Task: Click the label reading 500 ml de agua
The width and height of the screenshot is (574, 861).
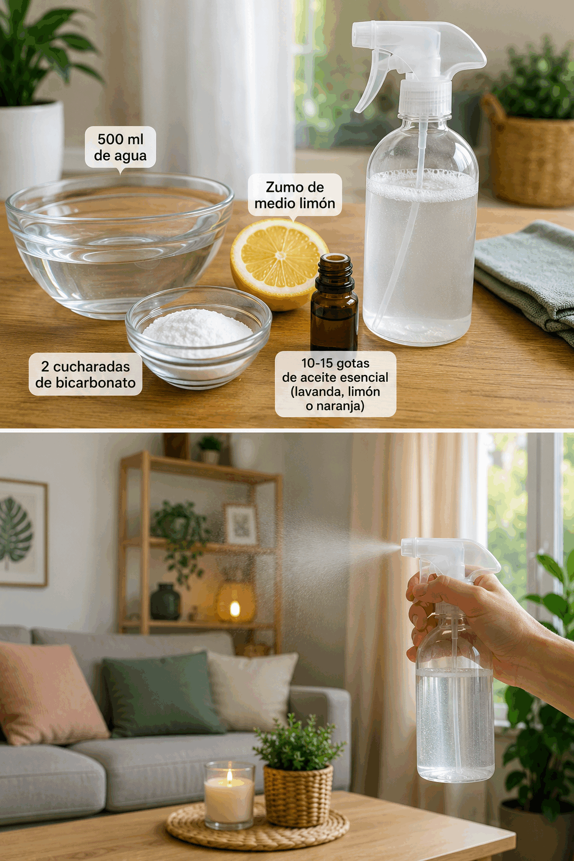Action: tap(121, 147)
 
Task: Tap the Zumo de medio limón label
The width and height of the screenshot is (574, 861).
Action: tap(295, 195)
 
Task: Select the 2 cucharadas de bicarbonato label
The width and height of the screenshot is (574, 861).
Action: tap(85, 374)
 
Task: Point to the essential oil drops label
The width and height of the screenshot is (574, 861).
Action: tap(335, 384)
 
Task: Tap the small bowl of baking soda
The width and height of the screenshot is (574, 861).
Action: tap(198, 336)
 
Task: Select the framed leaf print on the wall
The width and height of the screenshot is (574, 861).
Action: tap(22, 533)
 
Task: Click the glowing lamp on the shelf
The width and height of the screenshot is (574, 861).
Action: tap(235, 602)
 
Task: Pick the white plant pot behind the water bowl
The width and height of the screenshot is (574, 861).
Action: tap(31, 148)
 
